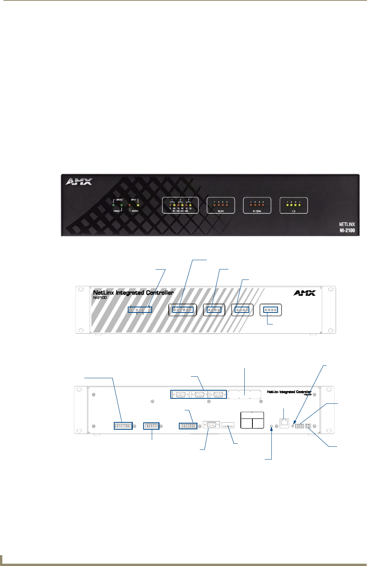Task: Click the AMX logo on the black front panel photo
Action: (79, 182)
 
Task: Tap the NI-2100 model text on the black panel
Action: (345, 231)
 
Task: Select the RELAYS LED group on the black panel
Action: (221, 205)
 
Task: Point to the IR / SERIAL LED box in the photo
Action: (257, 205)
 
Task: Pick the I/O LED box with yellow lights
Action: (293, 205)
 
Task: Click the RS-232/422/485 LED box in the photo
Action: (180, 205)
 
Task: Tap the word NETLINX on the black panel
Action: (347, 224)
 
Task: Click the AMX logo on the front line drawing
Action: (304, 293)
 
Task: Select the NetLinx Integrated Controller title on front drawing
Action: (133, 293)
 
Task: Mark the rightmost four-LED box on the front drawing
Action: (270, 310)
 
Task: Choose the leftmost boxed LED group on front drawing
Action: (140, 310)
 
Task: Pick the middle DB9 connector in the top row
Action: (199, 394)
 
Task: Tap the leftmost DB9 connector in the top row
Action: (180, 394)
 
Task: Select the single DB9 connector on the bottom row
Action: (211, 425)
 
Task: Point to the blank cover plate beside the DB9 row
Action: (245, 394)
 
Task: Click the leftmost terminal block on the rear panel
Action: (123, 426)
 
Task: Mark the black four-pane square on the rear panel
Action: (252, 420)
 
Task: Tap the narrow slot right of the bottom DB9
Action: (228, 426)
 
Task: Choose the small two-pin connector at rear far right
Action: (309, 426)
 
